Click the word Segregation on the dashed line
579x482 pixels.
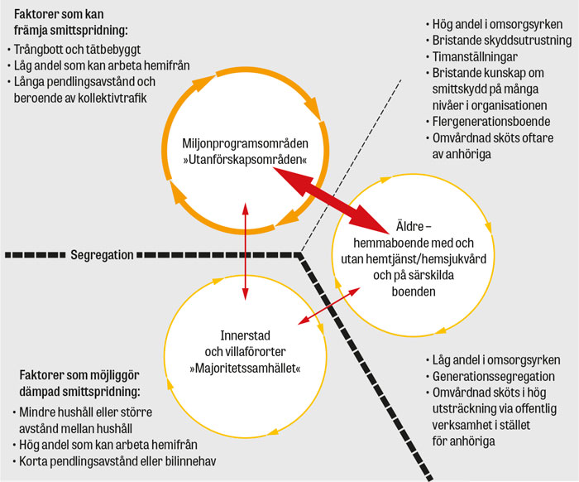click(x=102, y=255)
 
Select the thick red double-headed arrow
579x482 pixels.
click(x=331, y=200)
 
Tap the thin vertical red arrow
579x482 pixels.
click(x=245, y=251)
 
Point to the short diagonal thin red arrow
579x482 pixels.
click(x=328, y=306)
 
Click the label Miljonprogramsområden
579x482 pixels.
click(x=245, y=143)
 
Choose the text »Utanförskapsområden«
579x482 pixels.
click(x=245, y=160)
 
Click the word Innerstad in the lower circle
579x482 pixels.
click(x=245, y=335)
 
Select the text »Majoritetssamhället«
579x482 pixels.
click(x=245, y=369)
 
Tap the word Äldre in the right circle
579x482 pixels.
click(x=409, y=226)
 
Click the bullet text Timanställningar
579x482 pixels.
click(x=475, y=56)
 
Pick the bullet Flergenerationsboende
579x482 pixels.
click(x=491, y=122)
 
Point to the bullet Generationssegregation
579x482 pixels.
click(x=493, y=376)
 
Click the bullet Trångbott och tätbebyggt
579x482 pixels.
click(x=77, y=49)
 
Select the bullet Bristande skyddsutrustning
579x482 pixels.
click(x=502, y=40)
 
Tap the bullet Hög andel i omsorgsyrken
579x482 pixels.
click(x=497, y=24)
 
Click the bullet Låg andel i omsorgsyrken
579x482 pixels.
click(x=496, y=360)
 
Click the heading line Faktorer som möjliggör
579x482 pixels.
click(x=79, y=375)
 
